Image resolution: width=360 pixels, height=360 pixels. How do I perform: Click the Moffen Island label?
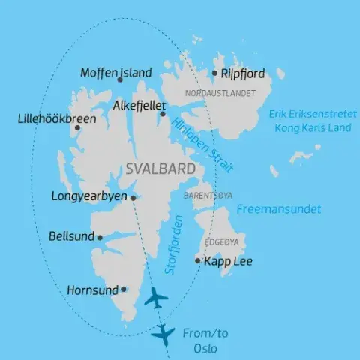point(115,73)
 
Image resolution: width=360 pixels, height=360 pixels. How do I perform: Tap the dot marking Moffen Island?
point(120,79)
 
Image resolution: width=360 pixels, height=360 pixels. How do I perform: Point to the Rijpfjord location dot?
point(214,73)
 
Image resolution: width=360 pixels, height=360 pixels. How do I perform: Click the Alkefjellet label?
point(139,106)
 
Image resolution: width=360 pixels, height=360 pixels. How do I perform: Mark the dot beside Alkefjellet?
point(163,113)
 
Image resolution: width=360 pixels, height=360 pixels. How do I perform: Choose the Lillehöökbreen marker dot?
point(76,128)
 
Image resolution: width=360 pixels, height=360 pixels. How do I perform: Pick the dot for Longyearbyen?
point(133,198)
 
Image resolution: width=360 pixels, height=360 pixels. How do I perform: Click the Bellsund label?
point(71,236)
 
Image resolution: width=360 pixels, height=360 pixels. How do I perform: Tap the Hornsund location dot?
point(124,288)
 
